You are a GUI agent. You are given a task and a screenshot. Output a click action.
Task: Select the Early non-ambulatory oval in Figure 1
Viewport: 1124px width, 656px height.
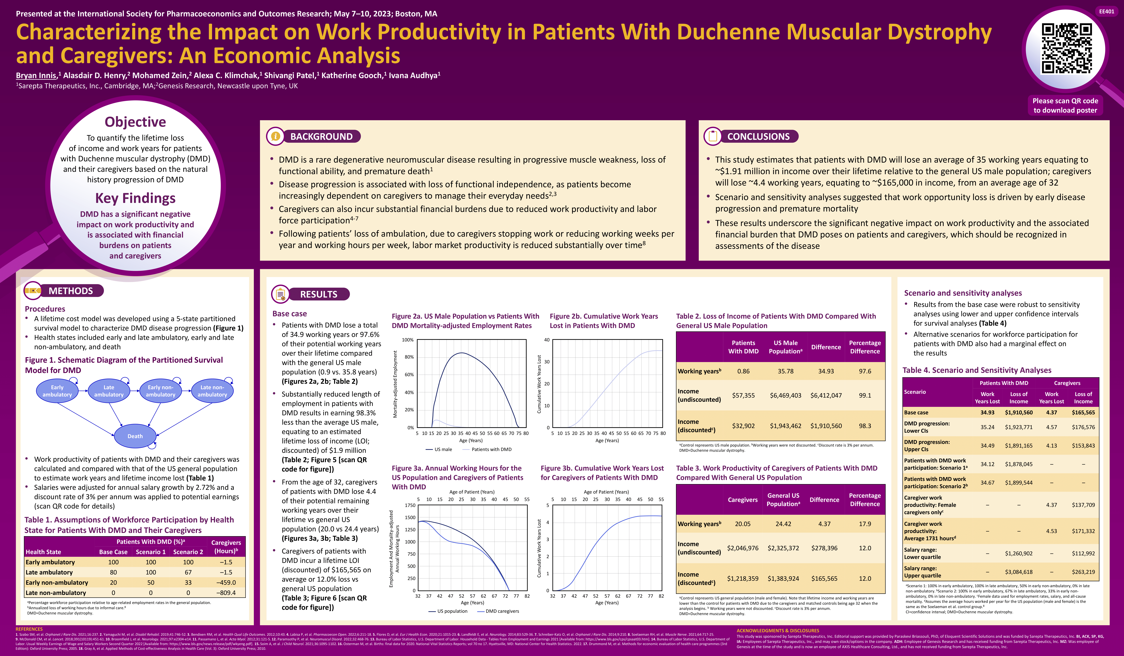tap(161, 391)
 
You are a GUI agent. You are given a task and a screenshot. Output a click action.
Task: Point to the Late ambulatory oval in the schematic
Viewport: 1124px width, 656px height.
tap(109, 391)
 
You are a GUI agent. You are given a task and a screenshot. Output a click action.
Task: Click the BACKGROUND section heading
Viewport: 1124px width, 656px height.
tap(321, 137)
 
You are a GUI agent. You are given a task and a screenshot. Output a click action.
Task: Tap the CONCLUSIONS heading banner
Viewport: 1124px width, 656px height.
tap(758, 137)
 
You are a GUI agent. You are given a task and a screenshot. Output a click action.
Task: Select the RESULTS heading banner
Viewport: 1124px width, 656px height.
tap(318, 294)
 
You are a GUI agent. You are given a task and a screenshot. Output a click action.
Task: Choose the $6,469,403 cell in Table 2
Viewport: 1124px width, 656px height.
tap(785, 395)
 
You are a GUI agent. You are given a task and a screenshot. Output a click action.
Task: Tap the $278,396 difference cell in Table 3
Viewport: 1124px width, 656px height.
tap(824, 548)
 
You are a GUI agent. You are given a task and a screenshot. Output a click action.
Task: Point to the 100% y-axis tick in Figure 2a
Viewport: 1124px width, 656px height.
tap(408, 340)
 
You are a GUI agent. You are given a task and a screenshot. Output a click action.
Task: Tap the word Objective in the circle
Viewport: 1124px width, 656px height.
tap(135, 122)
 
